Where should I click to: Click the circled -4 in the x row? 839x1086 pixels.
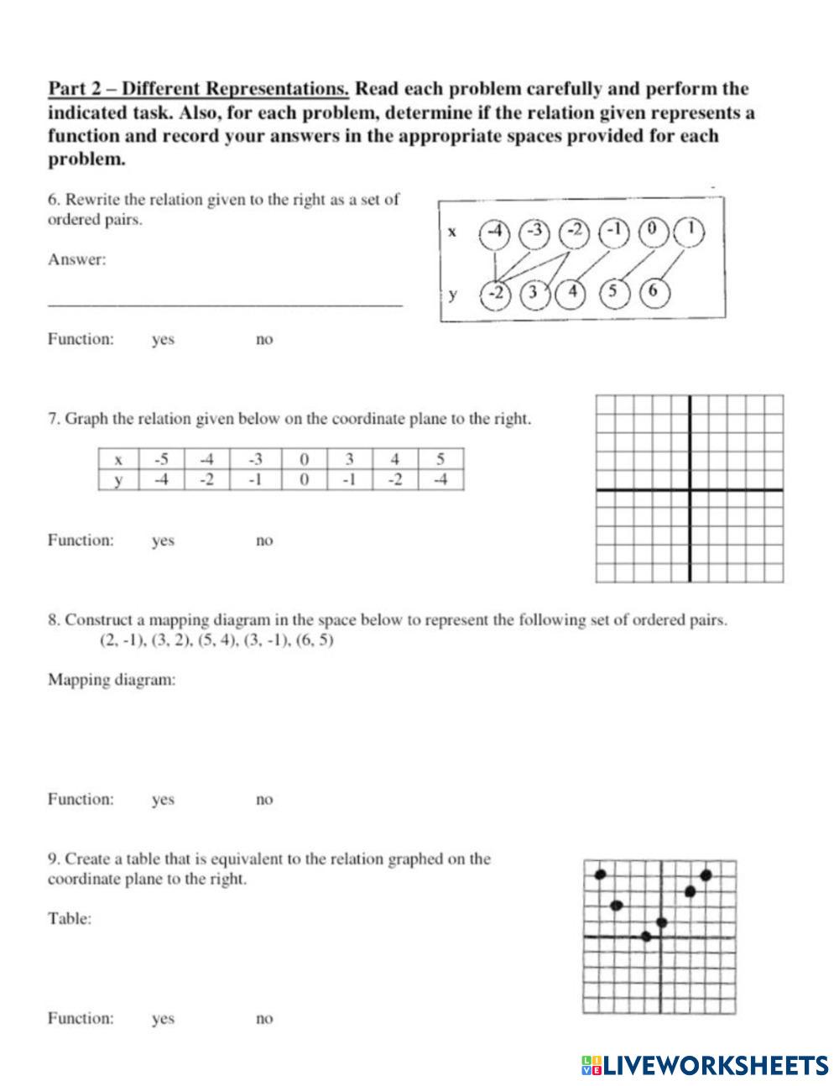pos(495,232)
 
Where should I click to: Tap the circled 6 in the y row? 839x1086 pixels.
pos(654,291)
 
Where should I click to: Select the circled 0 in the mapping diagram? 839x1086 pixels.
pos(652,232)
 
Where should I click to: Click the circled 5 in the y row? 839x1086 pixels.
pos(613,291)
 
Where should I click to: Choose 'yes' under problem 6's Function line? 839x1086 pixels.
pos(163,340)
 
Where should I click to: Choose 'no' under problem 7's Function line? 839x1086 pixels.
pos(264,541)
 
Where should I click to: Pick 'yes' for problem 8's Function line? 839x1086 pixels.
pos(163,800)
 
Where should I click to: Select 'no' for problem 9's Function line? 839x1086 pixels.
pos(264,1019)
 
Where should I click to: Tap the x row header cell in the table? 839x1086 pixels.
pos(118,459)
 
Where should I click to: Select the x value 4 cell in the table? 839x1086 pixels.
pos(394,459)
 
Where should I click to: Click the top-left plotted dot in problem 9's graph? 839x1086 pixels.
pos(600,875)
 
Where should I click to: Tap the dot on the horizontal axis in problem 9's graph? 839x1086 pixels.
pos(646,936)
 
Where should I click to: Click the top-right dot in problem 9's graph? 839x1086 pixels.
pos(706,875)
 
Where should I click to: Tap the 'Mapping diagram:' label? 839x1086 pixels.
pos(112,680)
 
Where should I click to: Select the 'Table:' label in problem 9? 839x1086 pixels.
pos(70,919)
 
